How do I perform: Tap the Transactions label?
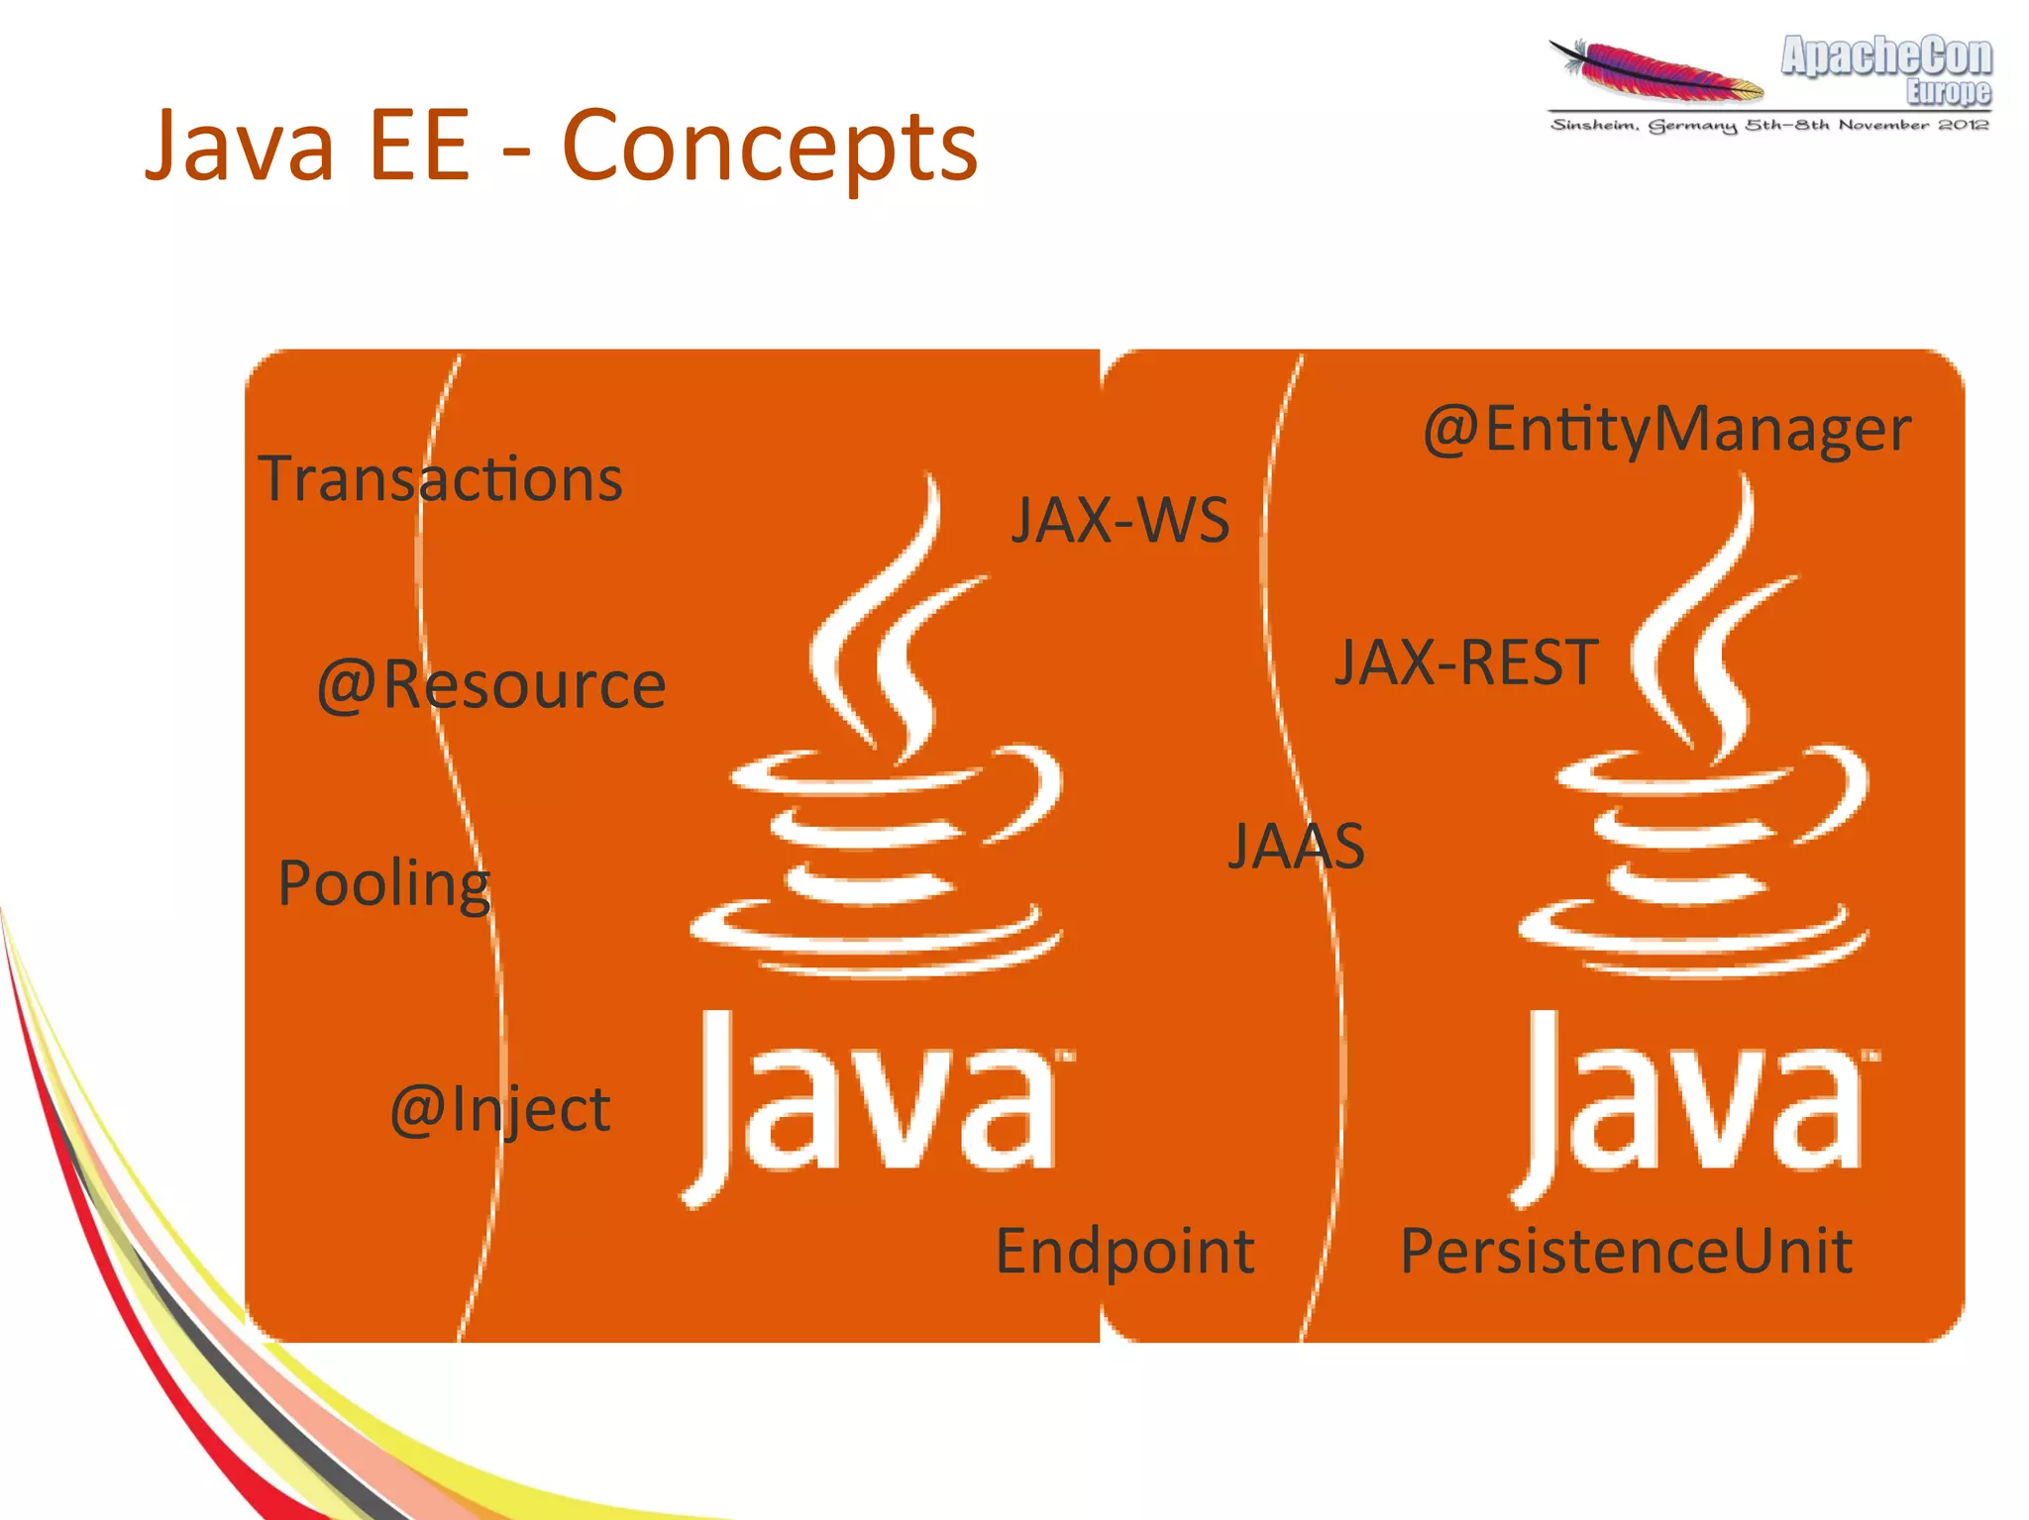(440, 479)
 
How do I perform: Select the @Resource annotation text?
(491, 684)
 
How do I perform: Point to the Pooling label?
(384, 883)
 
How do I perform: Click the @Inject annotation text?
(499, 1109)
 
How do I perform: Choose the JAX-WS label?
(1120, 520)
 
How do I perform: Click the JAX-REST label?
(1466, 662)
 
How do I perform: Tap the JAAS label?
(1296, 847)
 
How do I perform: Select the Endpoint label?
(1124, 1251)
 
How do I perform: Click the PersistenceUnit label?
(1625, 1251)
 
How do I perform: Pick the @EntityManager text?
(1666, 430)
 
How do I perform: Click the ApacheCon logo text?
(1886, 56)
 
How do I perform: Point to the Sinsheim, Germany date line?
(1769, 126)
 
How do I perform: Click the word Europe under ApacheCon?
(1948, 92)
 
